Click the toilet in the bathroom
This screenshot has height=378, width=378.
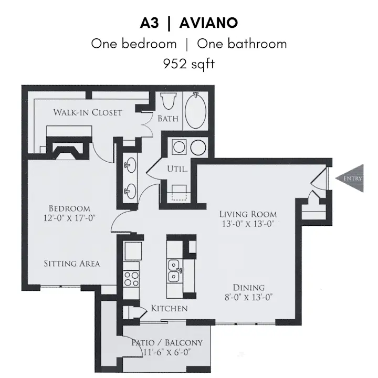click(168, 101)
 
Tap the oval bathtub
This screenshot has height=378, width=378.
click(195, 110)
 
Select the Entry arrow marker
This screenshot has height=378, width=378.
click(350, 178)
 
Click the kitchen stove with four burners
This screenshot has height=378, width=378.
click(131, 278)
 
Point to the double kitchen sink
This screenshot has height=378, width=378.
click(174, 270)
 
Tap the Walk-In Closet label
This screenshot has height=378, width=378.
click(88, 112)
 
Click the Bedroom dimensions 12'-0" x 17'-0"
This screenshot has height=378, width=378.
click(69, 218)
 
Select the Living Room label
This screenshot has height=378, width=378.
click(248, 214)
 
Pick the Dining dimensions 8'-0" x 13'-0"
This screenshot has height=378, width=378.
click(248, 297)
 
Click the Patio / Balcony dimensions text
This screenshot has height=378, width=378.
click(167, 352)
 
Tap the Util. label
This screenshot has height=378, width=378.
click(177, 169)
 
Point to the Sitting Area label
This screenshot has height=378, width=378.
click(72, 264)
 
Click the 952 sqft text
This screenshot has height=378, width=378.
click(189, 64)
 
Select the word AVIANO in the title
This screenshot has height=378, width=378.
click(208, 23)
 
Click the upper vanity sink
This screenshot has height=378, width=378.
click(130, 165)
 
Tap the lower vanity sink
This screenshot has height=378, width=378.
click(130, 191)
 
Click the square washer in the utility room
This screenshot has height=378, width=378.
click(179, 147)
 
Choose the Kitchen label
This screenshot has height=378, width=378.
click(169, 308)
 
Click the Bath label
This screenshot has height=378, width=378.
click(168, 118)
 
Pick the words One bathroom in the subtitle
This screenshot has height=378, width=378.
click(242, 44)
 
